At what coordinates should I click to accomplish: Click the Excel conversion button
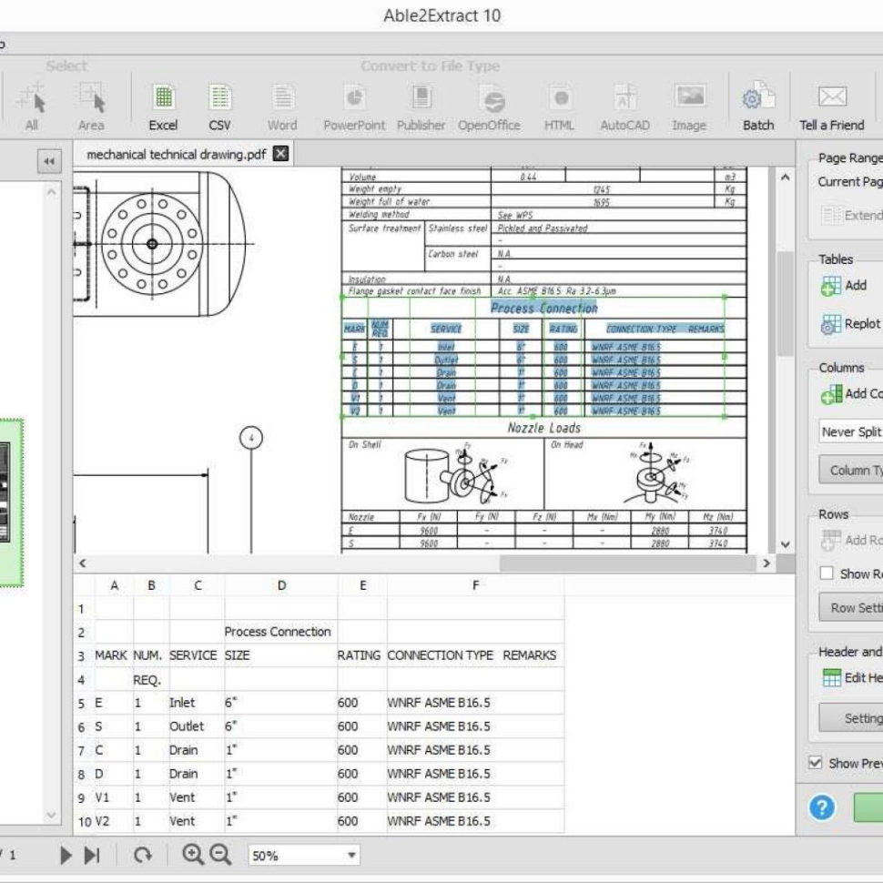(163, 107)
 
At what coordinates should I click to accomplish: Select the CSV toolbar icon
(219, 107)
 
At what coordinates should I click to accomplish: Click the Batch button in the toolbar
(757, 107)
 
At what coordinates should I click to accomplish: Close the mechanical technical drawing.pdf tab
(280, 154)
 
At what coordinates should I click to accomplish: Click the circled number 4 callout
(251, 438)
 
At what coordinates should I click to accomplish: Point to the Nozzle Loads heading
(543, 428)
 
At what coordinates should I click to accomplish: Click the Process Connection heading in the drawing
(543, 309)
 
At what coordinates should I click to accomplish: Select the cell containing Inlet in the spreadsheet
(182, 703)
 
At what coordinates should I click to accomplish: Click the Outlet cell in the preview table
(187, 726)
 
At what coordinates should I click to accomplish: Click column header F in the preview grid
(474, 586)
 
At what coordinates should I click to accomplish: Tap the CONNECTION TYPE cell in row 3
(441, 655)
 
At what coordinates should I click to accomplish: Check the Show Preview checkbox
(815, 763)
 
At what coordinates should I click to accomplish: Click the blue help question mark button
(822, 807)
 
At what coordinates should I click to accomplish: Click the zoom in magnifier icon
(192, 855)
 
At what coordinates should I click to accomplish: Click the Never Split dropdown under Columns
(850, 431)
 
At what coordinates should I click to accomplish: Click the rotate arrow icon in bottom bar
(143, 856)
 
